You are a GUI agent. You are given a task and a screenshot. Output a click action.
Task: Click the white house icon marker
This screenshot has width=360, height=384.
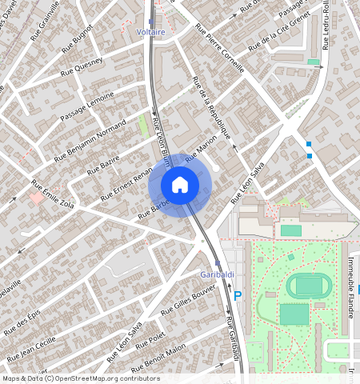pos(180,185)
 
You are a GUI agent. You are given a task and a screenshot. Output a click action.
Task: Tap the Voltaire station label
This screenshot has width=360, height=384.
pos(150,32)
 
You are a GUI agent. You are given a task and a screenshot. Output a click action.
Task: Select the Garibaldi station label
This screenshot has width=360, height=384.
pos(216,274)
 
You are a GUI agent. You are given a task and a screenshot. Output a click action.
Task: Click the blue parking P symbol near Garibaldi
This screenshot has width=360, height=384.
pos(237,295)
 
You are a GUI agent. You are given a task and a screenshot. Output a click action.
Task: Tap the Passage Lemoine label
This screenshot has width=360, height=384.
pos(86,106)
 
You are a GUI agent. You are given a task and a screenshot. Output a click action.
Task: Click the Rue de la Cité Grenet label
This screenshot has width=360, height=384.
pos(278,37)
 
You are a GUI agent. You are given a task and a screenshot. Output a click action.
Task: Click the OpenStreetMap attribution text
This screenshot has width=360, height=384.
pos(80,378)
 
